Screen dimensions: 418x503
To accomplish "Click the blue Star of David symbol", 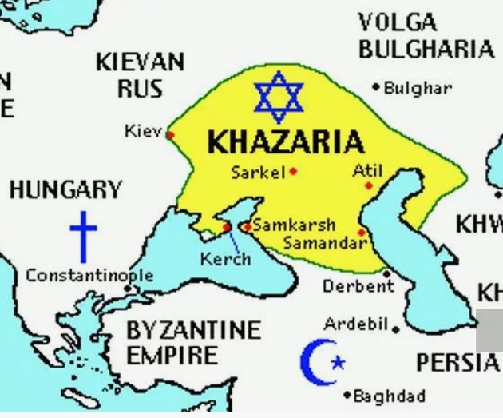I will point(279,94).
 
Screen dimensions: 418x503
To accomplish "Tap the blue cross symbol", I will point(83,236).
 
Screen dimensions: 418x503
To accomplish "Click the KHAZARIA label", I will point(286,143).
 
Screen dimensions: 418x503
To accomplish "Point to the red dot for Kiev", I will point(170,134).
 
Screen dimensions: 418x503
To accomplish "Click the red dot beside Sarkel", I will point(294,171).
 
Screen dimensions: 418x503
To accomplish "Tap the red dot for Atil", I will point(369,185).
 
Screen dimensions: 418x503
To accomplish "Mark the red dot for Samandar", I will point(362,233).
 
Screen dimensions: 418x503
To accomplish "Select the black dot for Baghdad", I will point(347,395).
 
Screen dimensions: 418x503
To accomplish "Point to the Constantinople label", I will point(89,276).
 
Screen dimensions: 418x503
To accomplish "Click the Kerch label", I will point(225,259).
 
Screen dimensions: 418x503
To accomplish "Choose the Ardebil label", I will point(355,324).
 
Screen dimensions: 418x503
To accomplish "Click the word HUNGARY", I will point(65,190).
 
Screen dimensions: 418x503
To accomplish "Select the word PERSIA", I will point(456,363).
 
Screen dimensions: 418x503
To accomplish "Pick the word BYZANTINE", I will point(193,329).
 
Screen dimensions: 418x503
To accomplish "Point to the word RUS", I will point(140,88).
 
